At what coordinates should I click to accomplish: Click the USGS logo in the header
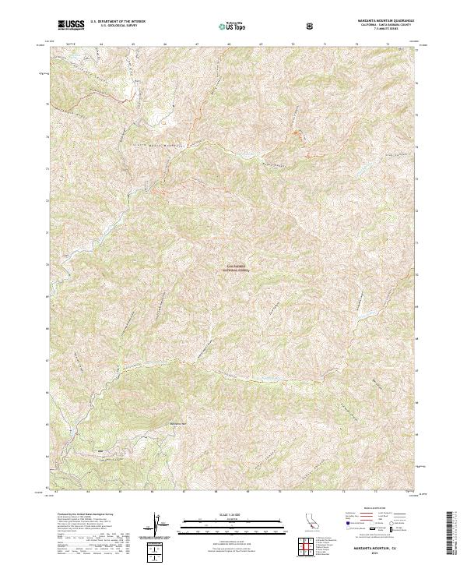(71, 25)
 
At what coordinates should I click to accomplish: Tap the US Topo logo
(233, 26)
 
